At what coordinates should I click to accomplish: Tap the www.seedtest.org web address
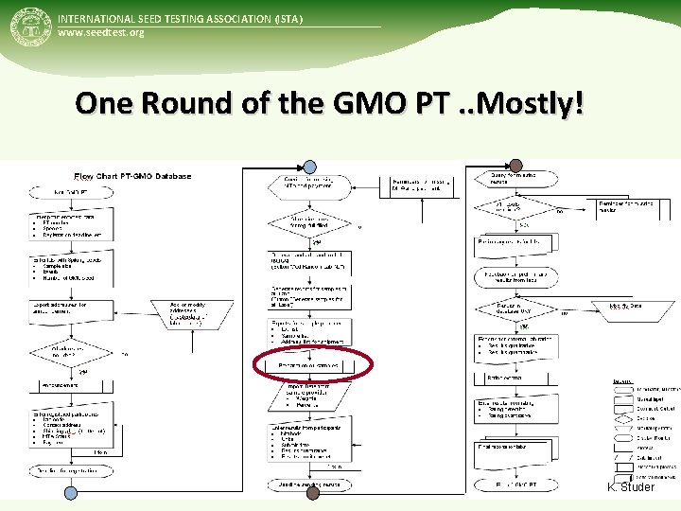pyautogui.click(x=101, y=33)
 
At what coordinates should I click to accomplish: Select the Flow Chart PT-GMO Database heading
pyautogui.click(x=132, y=176)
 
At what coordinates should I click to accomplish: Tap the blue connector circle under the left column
pyautogui.click(x=70, y=492)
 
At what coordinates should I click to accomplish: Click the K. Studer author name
pyautogui.click(x=632, y=486)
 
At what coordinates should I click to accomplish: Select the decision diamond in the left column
pyautogui.click(x=70, y=354)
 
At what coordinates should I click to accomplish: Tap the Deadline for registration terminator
pyautogui.click(x=70, y=470)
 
